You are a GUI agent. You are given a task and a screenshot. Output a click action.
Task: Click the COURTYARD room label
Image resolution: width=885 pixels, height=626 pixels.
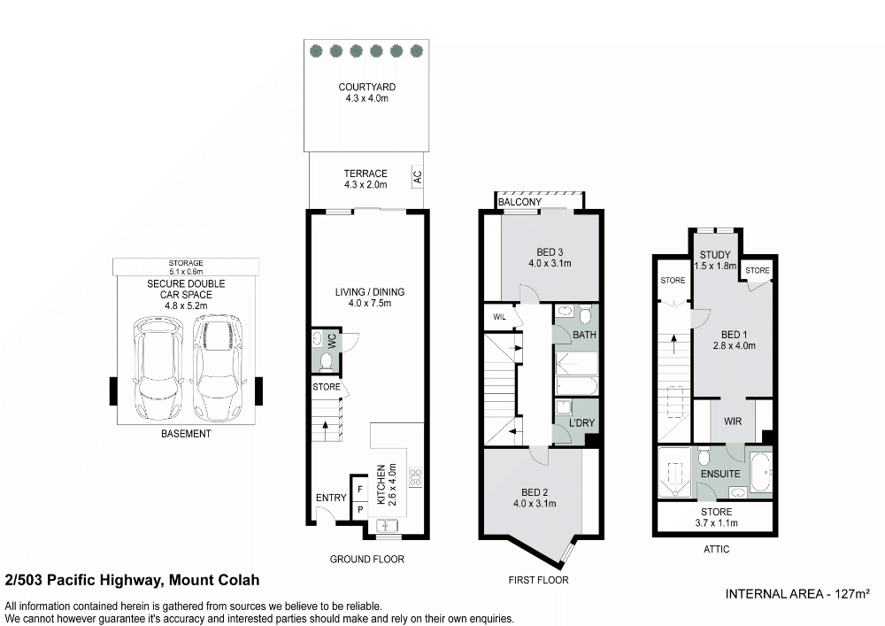367,88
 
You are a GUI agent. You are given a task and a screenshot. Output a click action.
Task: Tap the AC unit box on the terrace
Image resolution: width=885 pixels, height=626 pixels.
417,176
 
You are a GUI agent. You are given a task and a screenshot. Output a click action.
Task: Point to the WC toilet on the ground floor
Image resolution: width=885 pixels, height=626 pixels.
325,359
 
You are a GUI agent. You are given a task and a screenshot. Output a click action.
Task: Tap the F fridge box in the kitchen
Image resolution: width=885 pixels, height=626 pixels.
360,489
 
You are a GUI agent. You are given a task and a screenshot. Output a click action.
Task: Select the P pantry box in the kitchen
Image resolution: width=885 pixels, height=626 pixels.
360,510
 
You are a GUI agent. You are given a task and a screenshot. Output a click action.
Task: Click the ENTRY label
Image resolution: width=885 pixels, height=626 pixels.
331,498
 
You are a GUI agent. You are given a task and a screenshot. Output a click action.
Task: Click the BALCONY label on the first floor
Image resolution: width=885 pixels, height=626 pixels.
519,203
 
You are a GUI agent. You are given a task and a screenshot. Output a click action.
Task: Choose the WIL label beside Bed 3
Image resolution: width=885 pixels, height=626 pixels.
499,317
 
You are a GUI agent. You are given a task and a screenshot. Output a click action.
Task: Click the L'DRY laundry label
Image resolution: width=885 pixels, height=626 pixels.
581,424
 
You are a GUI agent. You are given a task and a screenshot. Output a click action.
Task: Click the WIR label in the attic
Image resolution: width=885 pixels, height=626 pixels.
733,422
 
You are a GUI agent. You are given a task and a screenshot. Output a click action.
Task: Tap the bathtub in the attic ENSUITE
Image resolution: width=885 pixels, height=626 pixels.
760,471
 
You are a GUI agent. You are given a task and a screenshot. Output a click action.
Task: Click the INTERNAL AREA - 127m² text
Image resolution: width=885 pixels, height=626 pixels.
797,593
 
